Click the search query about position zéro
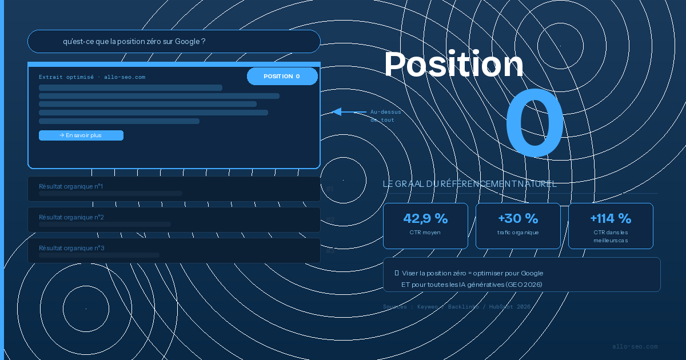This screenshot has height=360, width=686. (x=134, y=42)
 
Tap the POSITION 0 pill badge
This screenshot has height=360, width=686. (x=282, y=76)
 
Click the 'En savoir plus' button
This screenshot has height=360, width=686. (x=81, y=135)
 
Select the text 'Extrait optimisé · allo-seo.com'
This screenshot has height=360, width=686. (x=92, y=77)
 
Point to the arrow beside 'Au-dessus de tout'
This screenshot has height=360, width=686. (x=348, y=111)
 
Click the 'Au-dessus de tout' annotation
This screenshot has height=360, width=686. (x=385, y=116)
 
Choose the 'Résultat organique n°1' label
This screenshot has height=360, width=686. (x=71, y=186)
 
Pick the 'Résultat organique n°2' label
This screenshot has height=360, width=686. (x=71, y=217)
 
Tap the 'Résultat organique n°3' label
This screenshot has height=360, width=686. (x=71, y=248)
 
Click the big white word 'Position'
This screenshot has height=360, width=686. (x=453, y=64)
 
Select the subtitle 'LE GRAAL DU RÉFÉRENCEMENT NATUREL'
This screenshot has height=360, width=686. (x=469, y=184)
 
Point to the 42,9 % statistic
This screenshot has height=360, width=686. (x=425, y=218)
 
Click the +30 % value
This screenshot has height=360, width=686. (x=518, y=218)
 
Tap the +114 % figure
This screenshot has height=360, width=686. (x=611, y=218)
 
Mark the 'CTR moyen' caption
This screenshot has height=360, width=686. (x=425, y=233)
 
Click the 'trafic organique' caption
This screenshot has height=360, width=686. (x=518, y=233)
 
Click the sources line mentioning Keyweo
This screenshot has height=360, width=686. (x=456, y=307)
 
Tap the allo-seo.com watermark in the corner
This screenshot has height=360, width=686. (x=635, y=346)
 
